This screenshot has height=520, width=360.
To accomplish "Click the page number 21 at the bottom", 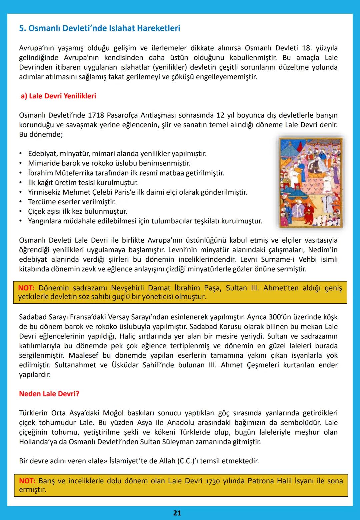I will (177, 513).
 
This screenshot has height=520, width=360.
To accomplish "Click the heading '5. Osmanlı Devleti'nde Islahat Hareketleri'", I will (99, 28).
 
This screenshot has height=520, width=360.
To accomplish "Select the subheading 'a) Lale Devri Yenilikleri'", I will (58, 96).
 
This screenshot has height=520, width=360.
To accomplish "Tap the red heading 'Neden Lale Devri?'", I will (49, 394).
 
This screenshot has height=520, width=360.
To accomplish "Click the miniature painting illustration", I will (311, 183).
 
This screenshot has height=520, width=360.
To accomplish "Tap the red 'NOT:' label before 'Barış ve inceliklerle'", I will (27, 481).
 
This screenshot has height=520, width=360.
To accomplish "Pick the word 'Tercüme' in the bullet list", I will (42, 202).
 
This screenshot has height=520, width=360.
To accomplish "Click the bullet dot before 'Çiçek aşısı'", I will (21, 212).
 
